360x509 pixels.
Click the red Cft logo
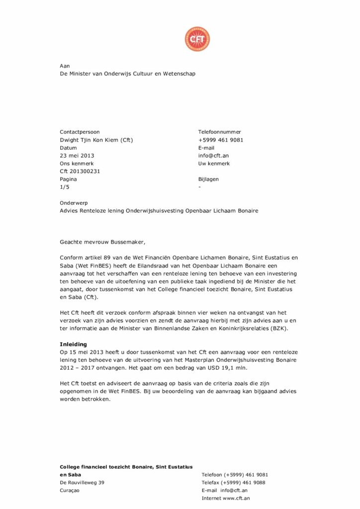coord(197,39)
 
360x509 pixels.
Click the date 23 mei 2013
coord(77,156)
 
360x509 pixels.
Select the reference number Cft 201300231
coord(80,171)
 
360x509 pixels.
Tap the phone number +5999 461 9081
coord(221,140)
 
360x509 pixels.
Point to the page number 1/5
coord(64,187)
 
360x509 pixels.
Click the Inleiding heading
coord(73,344)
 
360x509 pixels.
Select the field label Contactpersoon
coord(80,132)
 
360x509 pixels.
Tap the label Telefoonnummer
coord(220,132)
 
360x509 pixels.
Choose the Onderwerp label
coord(74,203)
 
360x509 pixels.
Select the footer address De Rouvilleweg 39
coord(82,482)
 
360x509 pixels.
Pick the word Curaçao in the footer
coord(70,490)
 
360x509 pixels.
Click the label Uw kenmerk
coord(214,164)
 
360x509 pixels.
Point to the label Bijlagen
coord(208,179)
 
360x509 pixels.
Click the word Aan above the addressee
coord(65,66)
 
